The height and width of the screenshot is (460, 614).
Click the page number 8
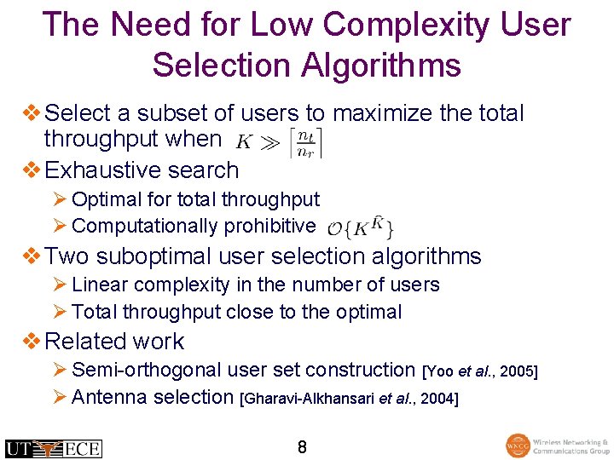(x=302, y=446)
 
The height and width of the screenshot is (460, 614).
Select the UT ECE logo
(x=53, y=448)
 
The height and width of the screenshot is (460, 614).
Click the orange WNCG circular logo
(x=517, y=446)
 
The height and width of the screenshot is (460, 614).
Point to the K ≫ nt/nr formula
(x=279, y=141)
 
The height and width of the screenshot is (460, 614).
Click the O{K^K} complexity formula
(x=360, y=227)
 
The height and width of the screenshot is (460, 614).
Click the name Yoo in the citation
(x=442, y=371)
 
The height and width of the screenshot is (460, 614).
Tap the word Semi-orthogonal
(x=148, y=370)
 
